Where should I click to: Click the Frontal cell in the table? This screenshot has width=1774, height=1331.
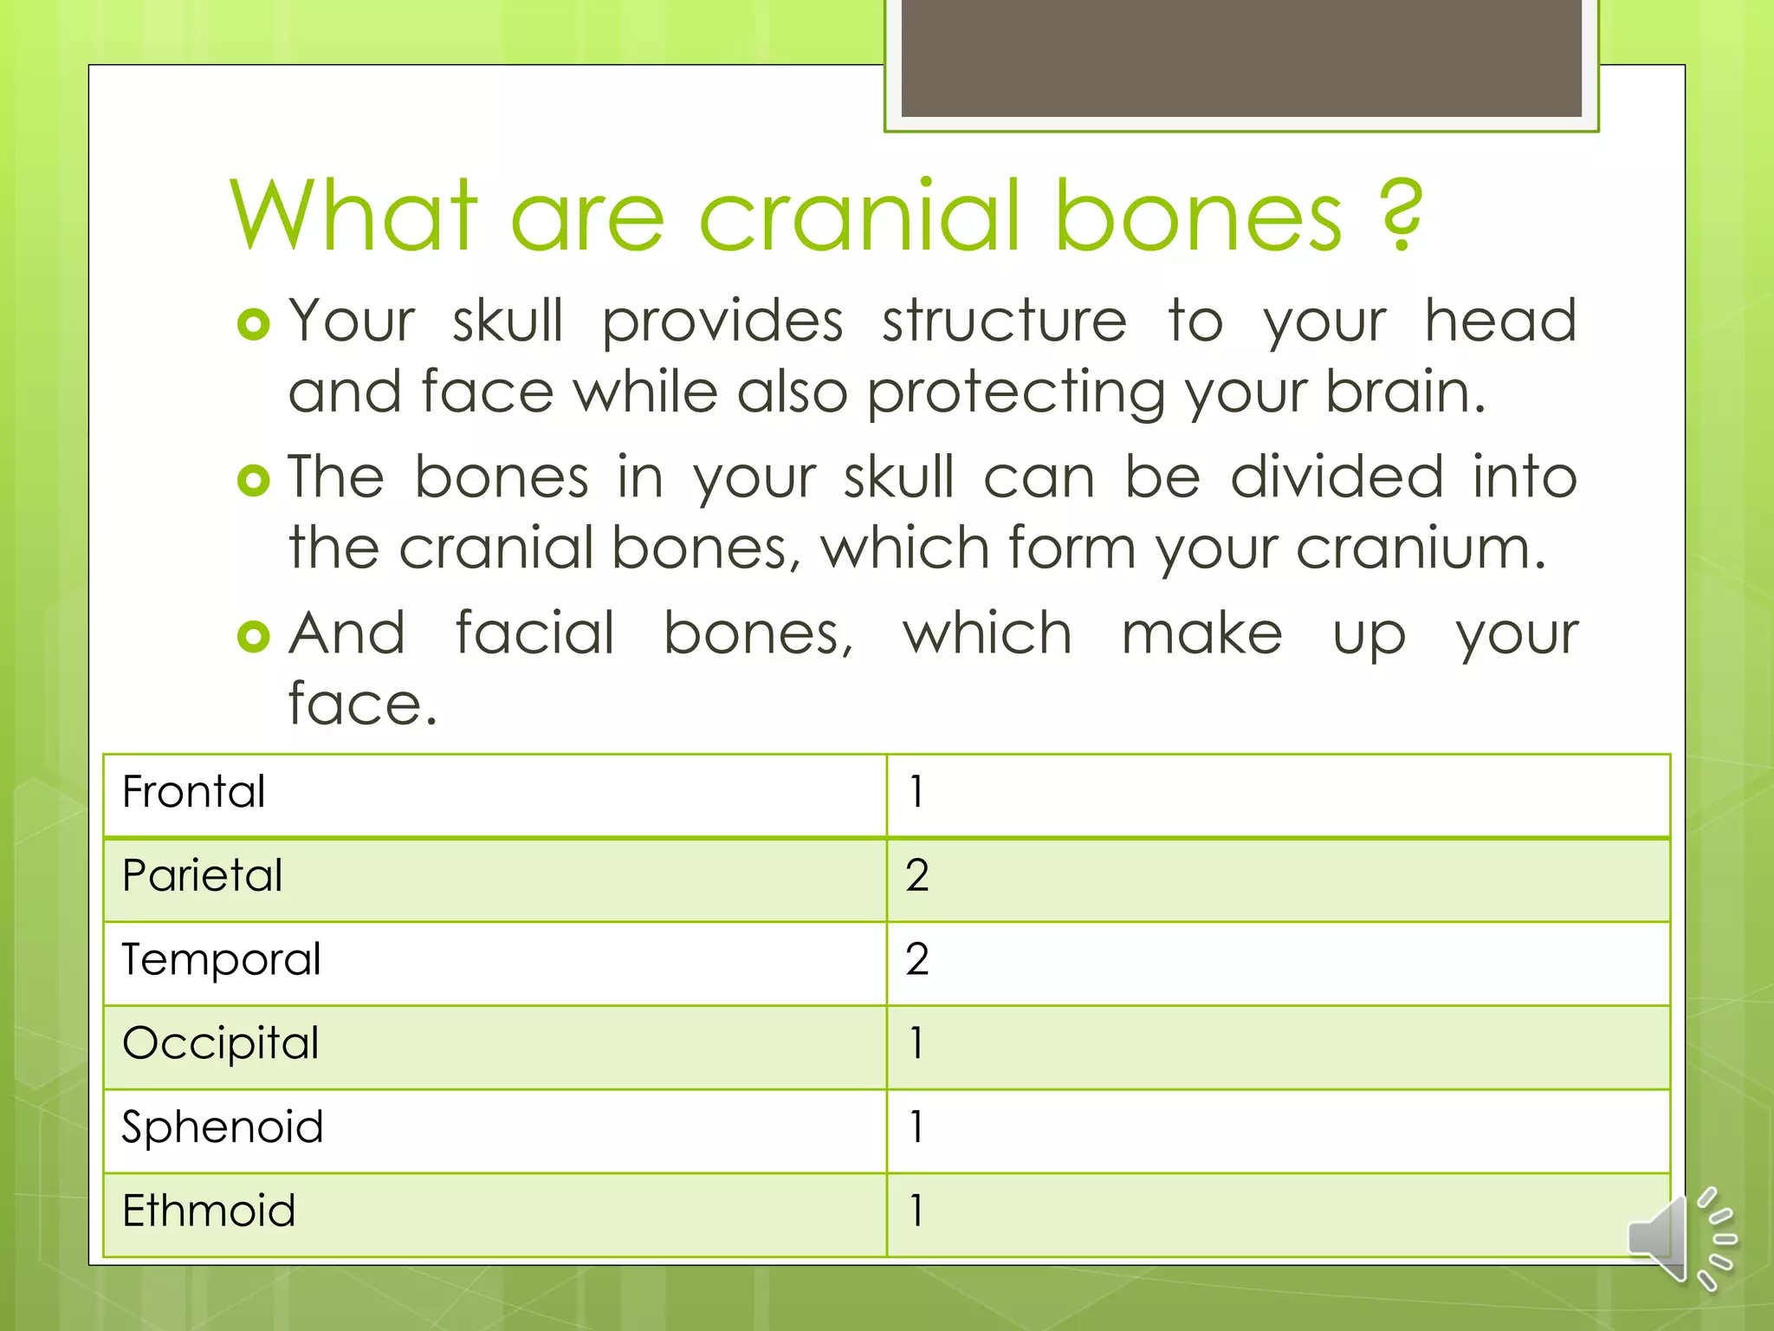point(194,792)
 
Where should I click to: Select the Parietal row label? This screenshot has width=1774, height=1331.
point(203,875)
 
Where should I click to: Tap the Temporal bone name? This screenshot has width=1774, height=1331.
point(222,960)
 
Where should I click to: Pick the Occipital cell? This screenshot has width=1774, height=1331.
point(221,1043)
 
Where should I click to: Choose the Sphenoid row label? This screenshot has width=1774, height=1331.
point(223,1127)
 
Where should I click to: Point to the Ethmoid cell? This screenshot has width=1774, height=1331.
point(209,1211)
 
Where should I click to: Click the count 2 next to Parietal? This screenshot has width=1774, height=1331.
point(917,875)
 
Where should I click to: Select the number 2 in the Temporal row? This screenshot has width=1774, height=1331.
point(917,959)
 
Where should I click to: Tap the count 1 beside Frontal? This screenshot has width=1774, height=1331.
point(916,792)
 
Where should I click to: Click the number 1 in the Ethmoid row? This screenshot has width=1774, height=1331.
point(916,1211)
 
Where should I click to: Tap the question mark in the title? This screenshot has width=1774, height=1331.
point(1402,215)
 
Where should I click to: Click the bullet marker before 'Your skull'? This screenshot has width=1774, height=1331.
point(254,325)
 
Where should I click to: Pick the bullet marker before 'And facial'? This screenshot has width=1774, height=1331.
point(254,637)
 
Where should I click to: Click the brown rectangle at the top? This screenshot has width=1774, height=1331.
point(1241,59)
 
